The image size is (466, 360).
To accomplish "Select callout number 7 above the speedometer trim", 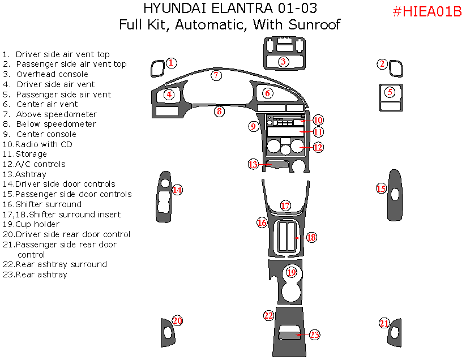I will [216, 75].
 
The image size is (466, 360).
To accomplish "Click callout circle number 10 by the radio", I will [318, 120].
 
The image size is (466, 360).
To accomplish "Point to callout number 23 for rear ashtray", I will [314, 335].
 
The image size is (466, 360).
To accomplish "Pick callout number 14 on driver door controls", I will [177, 190].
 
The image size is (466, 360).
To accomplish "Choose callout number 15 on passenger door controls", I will [382, 188].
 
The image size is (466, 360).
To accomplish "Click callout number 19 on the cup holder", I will [291, 273].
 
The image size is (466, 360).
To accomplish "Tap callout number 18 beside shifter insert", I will [311, 237].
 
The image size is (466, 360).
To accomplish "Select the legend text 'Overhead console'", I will [52, 74].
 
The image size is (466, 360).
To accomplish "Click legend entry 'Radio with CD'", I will [44, 144].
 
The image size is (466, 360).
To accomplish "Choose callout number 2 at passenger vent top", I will [383, 64].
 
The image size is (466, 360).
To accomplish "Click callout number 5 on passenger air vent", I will [390, 92].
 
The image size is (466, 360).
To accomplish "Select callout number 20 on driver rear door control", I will [177, 321].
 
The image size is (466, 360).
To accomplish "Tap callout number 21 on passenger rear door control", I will [384, 323].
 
